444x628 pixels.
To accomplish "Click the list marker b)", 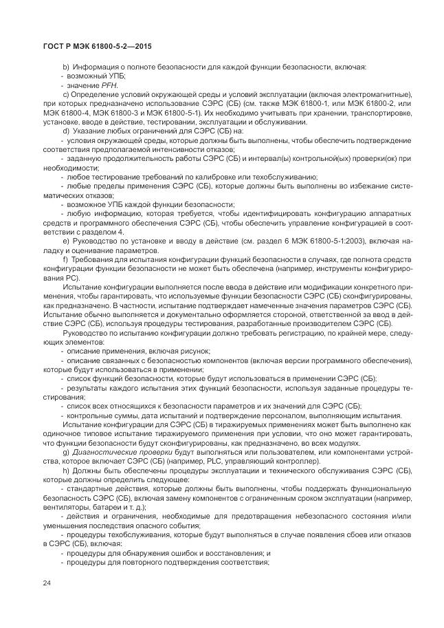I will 65,67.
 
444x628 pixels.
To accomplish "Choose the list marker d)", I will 65,131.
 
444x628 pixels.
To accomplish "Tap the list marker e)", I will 65,240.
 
